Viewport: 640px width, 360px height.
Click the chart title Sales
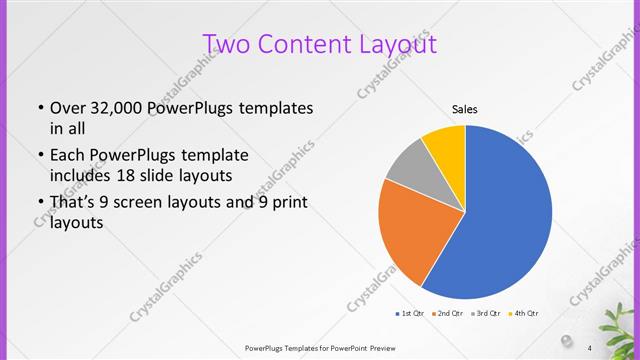[464, 108]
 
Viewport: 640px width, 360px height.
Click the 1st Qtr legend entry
[410, 314]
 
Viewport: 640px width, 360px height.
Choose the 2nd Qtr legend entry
[449, 314]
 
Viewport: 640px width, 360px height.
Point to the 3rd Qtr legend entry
[487, 314]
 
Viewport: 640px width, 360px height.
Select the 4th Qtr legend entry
[525, 314]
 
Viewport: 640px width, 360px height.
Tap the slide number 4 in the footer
[590, 347]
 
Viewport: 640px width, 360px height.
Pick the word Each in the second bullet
[67, 156]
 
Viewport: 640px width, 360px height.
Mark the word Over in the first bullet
[68, 108]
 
